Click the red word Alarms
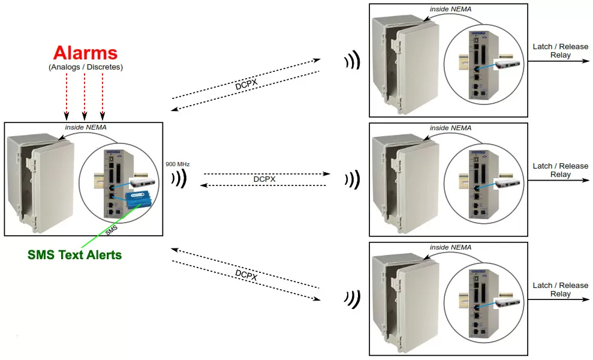[85, 52]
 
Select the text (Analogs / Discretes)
[85, 67]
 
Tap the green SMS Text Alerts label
[75, 254]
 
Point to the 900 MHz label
[177, 163]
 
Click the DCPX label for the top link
[246, 85]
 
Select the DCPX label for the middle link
[264, 179]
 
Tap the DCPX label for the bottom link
[246, 275]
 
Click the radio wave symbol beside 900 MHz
[179, 178]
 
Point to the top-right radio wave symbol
[352, 60]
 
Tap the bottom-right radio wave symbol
[352, 298]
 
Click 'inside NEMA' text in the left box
[86, 127]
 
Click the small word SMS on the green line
[112, 230]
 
